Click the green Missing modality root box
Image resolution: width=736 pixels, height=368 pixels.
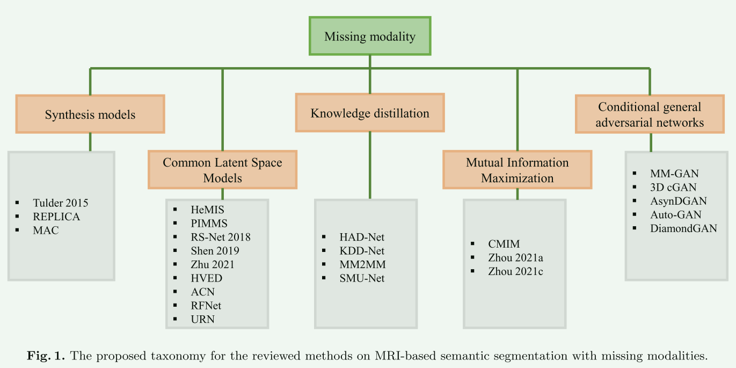(370, 37)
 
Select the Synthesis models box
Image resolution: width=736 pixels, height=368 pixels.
(90, 114)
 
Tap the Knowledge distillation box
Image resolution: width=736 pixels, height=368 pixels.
(370, 113)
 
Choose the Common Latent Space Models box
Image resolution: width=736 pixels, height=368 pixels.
(222, 170)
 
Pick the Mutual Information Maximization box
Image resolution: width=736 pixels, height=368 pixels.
(517, 170)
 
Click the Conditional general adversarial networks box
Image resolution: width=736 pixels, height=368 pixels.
(650, 114)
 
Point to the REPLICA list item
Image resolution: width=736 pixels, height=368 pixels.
(56, 217)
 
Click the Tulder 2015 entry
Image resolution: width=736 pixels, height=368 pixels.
(60, 203)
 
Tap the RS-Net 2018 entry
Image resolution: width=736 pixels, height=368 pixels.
(220, 237)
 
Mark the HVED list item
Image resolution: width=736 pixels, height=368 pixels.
(206, 278)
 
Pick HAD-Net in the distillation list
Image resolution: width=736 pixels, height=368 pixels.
(362, 237)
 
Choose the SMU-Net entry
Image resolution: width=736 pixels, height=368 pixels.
(362, 278)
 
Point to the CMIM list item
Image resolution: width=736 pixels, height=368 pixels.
(504, 244)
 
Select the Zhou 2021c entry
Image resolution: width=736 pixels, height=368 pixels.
(515, 271)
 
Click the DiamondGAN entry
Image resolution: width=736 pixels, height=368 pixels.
(683, 228)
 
